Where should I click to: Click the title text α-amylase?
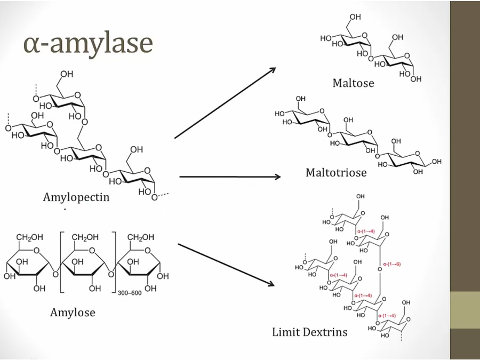tap(88, 43)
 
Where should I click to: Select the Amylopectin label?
tap(76, 197)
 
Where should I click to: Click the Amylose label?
tap(73, 312)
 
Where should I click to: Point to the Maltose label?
tap(353, 83)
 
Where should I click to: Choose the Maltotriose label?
tap(336, 173)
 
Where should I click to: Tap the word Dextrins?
tap(325, 332)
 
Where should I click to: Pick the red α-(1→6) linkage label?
tap(391, 263)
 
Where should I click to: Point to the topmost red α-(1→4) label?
tap(366, 231)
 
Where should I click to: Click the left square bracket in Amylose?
tap(62, 261)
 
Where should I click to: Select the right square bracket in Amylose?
tap(114, 261)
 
